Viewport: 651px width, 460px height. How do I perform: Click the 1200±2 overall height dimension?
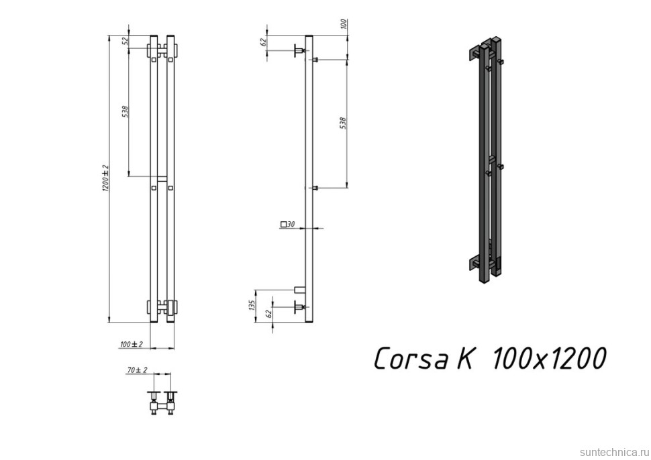point(105,178)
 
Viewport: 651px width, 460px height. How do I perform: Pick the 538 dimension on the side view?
point(343,123)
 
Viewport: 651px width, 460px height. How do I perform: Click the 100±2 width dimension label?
point(131,344)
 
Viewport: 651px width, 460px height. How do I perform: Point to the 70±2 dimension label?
point(137,370)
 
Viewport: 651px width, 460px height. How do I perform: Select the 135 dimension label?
point(250,306)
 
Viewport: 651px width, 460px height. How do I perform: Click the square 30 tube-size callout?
point(288,225)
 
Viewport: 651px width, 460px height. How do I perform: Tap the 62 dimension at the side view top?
point(262,42)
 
